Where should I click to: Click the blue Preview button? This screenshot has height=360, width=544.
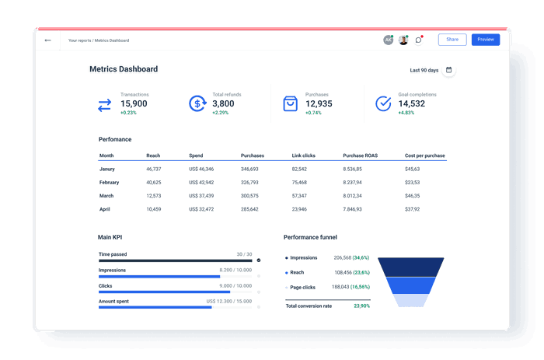click(485, 40)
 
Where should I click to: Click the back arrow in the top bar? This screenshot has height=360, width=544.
click(48, 40)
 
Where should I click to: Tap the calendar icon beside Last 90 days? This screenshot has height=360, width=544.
click(449, 70)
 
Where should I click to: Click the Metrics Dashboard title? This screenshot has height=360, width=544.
click(124, 69)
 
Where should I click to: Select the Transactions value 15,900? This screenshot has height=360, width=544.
click(134, 103)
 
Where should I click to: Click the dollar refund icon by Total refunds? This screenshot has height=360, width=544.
click(197, 103)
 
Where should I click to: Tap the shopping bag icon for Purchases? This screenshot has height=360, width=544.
click(290, 103)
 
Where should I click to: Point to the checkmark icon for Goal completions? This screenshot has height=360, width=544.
click(383, 103)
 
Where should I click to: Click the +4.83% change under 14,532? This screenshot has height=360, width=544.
click(407, 113)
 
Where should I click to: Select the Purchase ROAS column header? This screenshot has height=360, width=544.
click(360, 156)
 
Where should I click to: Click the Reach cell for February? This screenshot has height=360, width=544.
click(154, 183)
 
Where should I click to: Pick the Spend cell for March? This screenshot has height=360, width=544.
click(201, 196)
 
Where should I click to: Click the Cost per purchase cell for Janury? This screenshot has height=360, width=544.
click(412, 169)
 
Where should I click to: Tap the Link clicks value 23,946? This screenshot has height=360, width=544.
click(299, 209)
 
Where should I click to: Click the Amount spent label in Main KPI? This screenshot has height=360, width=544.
click(114, 301)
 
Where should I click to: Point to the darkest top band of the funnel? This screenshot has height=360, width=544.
click(411, 266)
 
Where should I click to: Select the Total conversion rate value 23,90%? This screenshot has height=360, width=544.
click(361, 306)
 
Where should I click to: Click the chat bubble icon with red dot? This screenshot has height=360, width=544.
click(418, 40)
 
